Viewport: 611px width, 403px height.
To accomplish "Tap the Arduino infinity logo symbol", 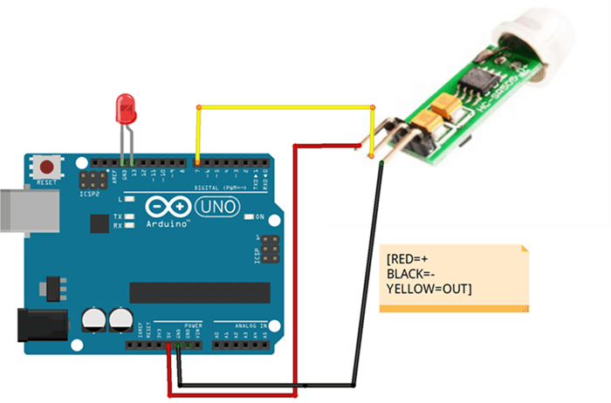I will click(167, 208).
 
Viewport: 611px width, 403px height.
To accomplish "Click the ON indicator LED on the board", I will click(249, 216).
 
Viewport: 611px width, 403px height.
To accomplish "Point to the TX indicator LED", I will click(129, 216).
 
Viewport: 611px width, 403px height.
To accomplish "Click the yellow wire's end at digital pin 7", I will click(198, 161).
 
